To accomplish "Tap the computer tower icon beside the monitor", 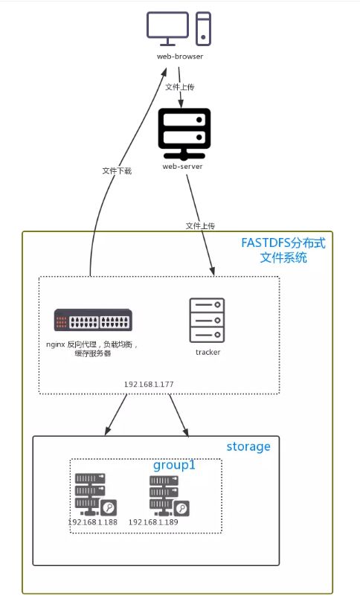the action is coord(203,29).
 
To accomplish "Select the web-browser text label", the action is coord(180,57).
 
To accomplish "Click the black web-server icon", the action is coord(184,134).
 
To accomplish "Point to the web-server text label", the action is coord(182,167).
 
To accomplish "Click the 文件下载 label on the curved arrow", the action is coord(117,171).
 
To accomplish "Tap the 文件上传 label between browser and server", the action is coord(179,87).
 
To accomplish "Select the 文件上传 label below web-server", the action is coord(200,225).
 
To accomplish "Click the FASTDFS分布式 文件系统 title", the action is coord(283,250).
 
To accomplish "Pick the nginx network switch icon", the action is coord(93,320).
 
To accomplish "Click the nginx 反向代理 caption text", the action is coord(92,348).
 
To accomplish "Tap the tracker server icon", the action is coord(207,320).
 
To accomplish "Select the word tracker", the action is coord(208,353).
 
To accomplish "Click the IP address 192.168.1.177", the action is coord(149,384).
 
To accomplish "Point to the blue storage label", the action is coord(248,447).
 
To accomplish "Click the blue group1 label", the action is coord(174,465).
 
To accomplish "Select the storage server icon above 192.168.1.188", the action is coord(96,495).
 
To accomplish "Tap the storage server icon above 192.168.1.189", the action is coord(169,495).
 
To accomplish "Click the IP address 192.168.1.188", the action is coord(92,522).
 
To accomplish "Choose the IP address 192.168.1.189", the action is coord(153,522).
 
